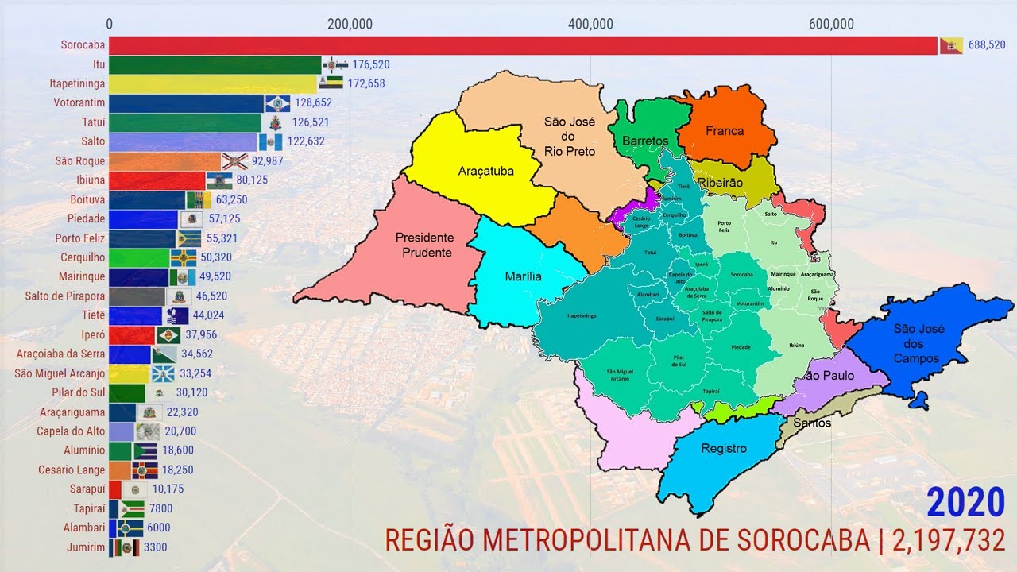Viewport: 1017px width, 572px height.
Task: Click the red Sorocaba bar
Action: click(x=523, y=45)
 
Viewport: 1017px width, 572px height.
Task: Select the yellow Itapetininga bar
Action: click(x=213, y=83)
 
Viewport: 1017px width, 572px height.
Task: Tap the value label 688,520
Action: click(x=987, y=45)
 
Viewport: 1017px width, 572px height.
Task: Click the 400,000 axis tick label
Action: click(x=590, y=24)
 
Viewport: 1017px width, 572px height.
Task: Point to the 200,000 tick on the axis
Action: click(x=350, y=24)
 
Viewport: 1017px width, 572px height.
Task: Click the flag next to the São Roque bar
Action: click(x=234, y=160)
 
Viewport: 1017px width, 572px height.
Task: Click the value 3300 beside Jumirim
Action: click(x=155, y=547)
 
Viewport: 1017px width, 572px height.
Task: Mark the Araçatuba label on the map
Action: click(x=486, y=171)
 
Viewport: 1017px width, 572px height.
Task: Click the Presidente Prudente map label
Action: click(x=424, y=245)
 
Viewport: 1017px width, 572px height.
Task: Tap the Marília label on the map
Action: click(x=523, y=276)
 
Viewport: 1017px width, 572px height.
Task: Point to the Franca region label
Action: click(x=725, y=131)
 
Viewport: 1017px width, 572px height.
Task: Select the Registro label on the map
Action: click(x=724, y=448)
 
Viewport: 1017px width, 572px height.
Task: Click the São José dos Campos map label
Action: click(x=915, y=342)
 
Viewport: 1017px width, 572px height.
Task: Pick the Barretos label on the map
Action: click(x=645, y=141)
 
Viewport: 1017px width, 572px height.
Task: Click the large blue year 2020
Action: click(x=965, y=504)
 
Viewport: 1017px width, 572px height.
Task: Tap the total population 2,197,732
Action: click(x=949, y=541)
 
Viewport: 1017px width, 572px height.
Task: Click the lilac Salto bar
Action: click(x=183, y=141)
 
